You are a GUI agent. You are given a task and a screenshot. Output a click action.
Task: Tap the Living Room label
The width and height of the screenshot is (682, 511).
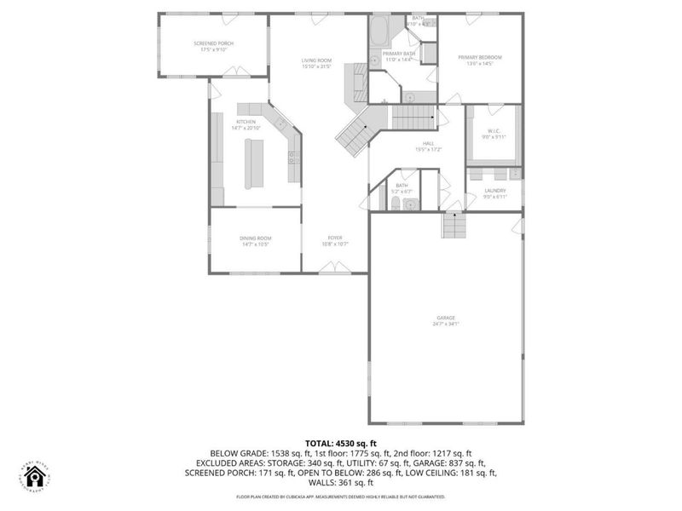tap(315, 60)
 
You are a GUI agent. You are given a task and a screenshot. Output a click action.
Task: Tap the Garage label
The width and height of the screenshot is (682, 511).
tap(446, 317)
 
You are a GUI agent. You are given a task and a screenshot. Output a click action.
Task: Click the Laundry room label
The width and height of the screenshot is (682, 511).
tap(494, 191)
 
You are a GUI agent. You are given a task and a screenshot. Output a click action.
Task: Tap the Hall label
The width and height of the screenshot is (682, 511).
tap(428, 143)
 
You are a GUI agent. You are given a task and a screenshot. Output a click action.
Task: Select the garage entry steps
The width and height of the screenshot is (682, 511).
tap(454, 226)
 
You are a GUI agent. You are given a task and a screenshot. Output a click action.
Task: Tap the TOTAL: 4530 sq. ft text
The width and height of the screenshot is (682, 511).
tap(341, 443)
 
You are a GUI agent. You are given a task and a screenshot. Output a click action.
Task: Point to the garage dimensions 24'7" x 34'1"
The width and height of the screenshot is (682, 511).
tap(446, 324)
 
